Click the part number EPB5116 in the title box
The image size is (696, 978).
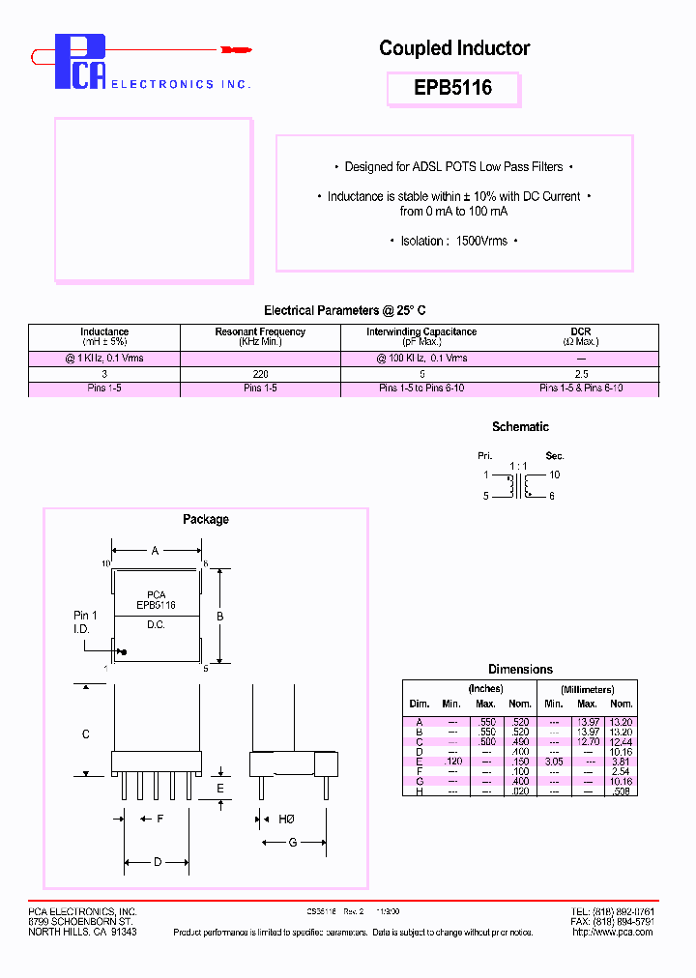pos(453,88)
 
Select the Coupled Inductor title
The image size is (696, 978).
pos(454,48)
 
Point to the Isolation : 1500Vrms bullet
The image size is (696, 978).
pos(454,241)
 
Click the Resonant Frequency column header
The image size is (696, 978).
pos(260,336)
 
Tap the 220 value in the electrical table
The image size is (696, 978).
pos(260,373)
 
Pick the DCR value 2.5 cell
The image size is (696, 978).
pos(581,373)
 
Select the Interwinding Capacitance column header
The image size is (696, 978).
pos(421,336)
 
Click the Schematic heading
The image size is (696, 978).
pos(520,426)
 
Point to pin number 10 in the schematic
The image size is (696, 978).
pos(555,475)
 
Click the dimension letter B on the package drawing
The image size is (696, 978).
pos(219,616)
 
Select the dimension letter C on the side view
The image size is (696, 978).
pos(86,734)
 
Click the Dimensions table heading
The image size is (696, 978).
pos(520,669)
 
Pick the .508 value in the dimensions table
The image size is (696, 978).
pos(621,791)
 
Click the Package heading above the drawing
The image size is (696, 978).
pos(206,519)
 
